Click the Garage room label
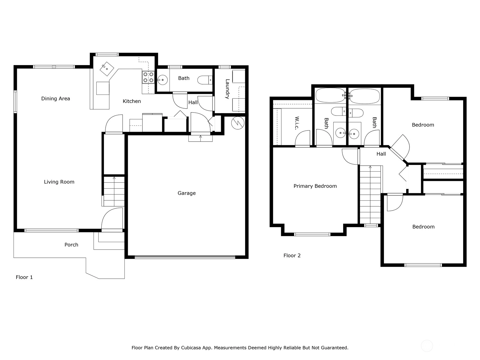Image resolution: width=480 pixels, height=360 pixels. (x=187, y=193)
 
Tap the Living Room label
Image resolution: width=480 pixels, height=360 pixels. (x=59, y=182)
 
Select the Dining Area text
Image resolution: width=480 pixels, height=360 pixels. (x=55, y=99)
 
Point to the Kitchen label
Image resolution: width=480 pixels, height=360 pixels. (x=132, y=101)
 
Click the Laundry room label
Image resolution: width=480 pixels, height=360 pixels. (x=227, y=89)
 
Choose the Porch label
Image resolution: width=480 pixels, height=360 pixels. (x=71, y=244)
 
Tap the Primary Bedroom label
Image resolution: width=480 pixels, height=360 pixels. (x=315, y=186)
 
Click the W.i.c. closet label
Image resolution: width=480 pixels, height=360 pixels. (x=297, y=123)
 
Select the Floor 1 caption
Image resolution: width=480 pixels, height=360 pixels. (x=24, y=277)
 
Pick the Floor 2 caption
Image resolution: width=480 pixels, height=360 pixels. (x=292, y=256)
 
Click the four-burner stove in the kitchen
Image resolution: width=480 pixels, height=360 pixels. (x=148, y=77)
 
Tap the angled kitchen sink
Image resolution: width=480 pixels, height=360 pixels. (x=107, y=69)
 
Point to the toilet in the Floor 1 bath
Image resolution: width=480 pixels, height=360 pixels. (x=205, y=80)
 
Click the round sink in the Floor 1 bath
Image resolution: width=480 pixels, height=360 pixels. (x=162, y=80)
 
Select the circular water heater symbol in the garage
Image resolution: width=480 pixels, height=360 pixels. (x=238, y=123)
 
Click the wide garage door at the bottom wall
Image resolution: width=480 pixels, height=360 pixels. (x=185, y=257)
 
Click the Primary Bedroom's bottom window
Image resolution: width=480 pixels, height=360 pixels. (x=312, y=234)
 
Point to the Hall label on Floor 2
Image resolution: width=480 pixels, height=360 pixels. (x=381, y=154)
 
